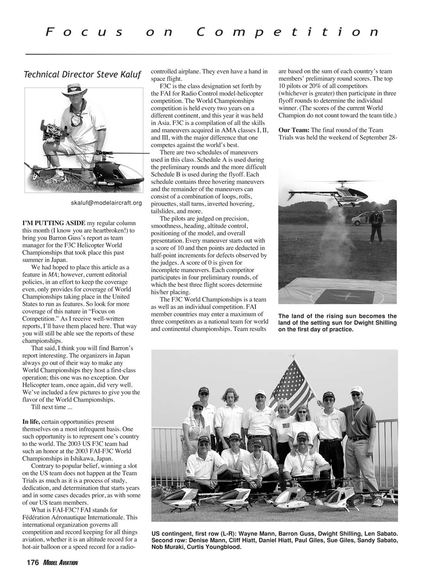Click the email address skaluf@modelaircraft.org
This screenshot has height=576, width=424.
tap(106, 203)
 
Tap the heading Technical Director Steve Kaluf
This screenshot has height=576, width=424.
tap(82, 74)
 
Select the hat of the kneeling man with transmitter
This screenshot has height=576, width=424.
tap(75, 89)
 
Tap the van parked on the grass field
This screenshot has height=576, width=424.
tap(366, 218)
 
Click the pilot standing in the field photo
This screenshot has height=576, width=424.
tap(376, 225)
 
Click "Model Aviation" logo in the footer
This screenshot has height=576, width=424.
tap(61, 563)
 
